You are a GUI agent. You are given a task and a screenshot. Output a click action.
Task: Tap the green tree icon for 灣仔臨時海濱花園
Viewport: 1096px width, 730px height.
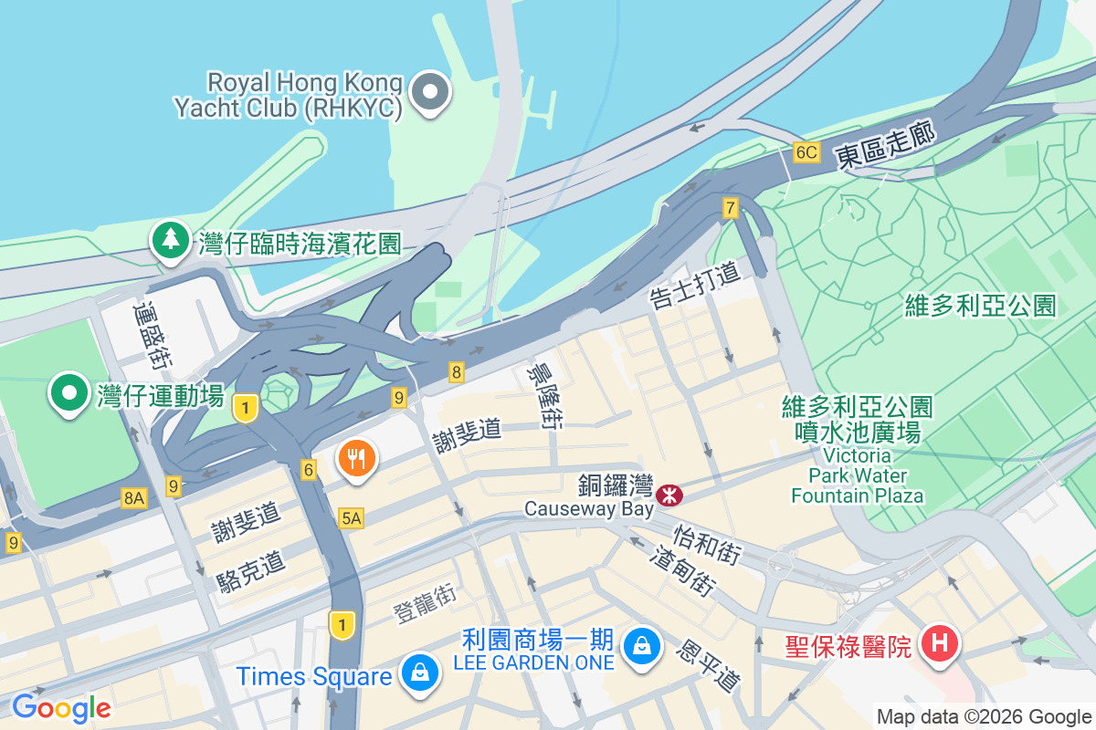[x=171, y=240]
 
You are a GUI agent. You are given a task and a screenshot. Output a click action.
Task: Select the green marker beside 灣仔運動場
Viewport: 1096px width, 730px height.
[x=68, y=393]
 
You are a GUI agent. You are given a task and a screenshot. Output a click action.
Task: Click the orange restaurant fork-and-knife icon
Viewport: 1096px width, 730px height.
[x=357, y=458]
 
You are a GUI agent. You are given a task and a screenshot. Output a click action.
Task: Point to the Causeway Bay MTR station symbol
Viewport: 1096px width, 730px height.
[x=669, y=495]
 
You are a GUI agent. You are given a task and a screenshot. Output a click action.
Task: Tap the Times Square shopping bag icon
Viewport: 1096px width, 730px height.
[x=419, y=673]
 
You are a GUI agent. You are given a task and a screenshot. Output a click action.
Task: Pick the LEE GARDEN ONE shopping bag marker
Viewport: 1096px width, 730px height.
[x=643, y=646]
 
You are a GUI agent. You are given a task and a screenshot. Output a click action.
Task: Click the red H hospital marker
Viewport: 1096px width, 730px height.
[x=940, y=643]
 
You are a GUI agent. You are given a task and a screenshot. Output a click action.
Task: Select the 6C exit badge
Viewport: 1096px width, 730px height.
[x=806, y=151]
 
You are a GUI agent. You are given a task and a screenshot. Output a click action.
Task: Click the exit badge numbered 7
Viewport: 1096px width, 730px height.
[x=729, y=208]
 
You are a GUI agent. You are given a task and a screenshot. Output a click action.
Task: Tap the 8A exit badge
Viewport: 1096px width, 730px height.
[x=133, y=497]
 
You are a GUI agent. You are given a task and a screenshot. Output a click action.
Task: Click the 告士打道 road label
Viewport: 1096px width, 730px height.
[x=694, y=285]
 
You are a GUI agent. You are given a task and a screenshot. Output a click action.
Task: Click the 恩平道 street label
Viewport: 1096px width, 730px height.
[x=707, y=664]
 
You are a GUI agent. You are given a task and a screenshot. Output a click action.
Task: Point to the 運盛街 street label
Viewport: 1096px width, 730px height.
[x=152, y=335]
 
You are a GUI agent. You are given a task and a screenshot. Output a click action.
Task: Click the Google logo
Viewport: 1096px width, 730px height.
[x=61, y=707]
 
